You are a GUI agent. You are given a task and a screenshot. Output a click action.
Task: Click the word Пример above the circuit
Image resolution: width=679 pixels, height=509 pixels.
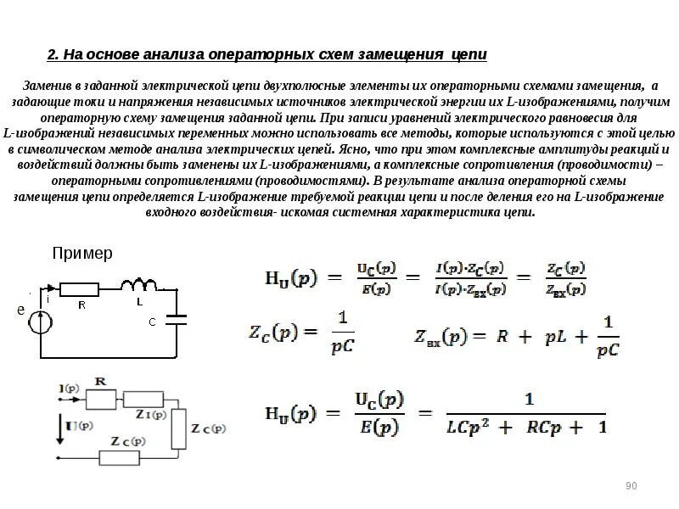click(82, 253)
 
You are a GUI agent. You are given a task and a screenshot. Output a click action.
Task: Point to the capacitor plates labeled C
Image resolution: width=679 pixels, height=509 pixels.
click(177, 320)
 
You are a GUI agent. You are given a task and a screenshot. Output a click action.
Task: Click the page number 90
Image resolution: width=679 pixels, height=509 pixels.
click(631, 485)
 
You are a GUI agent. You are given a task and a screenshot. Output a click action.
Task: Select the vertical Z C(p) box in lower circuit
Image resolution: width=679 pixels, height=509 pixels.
click(178, 429)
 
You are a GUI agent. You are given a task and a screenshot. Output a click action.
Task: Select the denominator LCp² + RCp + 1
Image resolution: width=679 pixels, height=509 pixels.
click(527, 426)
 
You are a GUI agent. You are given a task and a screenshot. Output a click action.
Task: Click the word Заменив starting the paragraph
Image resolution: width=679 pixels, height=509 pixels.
click(49, 87)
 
